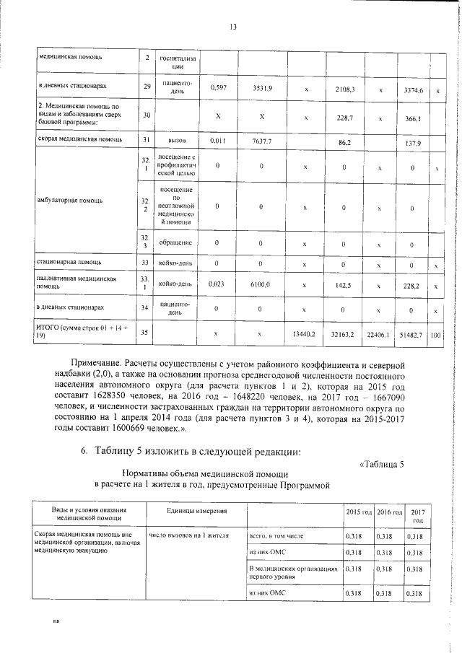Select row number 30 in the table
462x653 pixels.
point(147,115)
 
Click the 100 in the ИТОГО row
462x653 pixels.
point(435,336)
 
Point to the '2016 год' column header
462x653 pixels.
point(390,511)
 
